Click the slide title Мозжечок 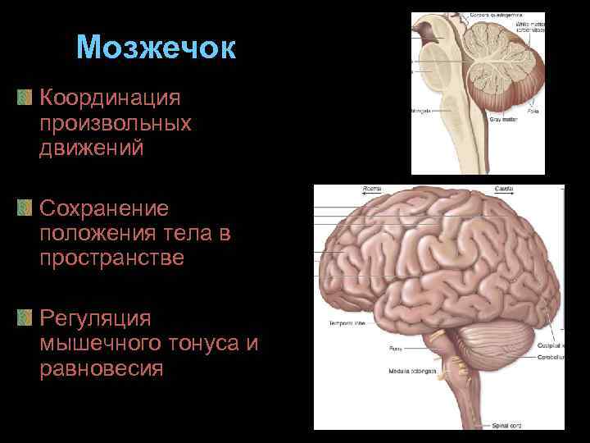point(156,48)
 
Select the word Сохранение point(103,208)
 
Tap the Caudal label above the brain point(504,189)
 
